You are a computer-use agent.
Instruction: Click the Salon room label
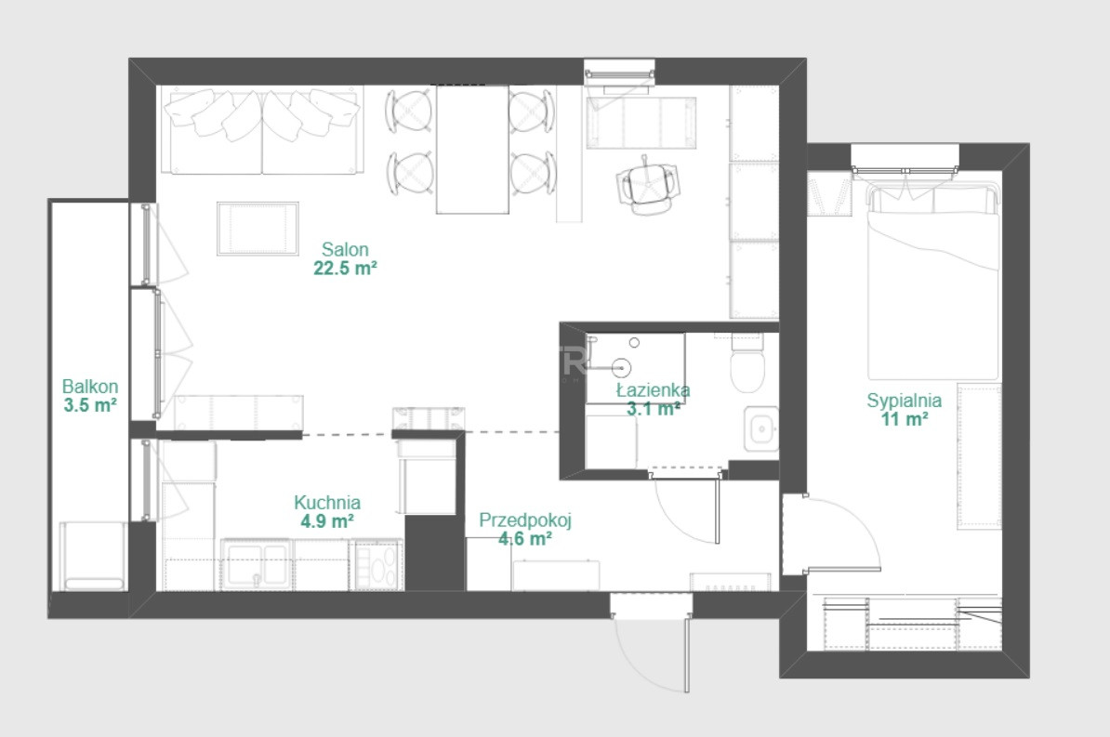click(345, 249)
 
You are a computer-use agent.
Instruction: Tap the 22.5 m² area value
click(345, 269)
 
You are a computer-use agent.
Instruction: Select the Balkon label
click(90, 387)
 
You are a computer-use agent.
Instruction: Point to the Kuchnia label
click(327, 503)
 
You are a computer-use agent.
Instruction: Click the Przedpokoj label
click(525, 520)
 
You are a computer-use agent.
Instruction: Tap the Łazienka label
click(653, 390)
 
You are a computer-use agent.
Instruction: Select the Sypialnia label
click(904, 401)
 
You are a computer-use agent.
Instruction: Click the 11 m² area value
click(904, 419)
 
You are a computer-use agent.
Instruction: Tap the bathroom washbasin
click(761, 429)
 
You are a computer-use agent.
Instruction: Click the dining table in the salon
click(472, 150)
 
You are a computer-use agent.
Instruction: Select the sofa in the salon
click(262, 130)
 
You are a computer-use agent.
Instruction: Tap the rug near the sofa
click(257, 229)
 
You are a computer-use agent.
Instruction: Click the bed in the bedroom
click(933, 281)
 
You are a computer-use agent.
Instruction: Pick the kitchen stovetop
click(377, 564)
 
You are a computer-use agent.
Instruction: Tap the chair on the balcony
click(93, 557)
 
